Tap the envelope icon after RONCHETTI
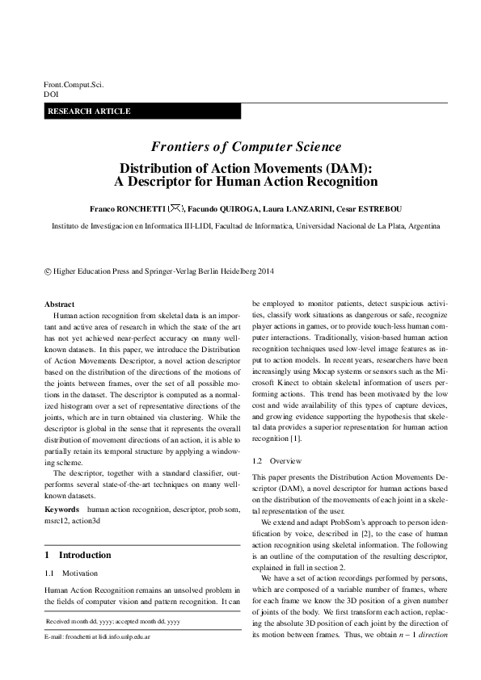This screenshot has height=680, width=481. point(177,208)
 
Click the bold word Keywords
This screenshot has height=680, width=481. point(61,487)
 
